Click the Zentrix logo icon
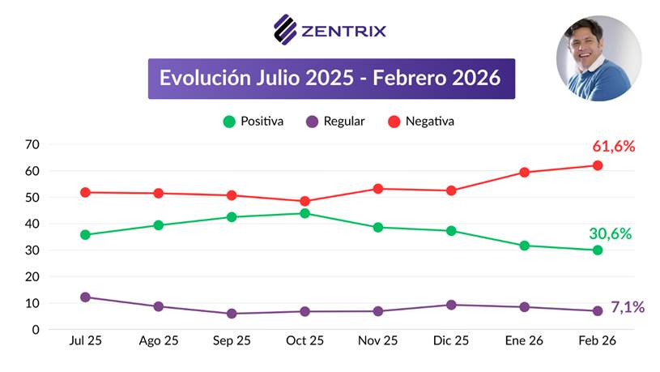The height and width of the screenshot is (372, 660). click(285, 30)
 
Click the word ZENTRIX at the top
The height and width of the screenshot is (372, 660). click(344, 32)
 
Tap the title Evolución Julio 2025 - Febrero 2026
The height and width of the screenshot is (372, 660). click(330, 79)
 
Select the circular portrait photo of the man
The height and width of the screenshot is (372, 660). click(598, 58)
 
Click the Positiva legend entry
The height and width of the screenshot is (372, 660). click(253, 122)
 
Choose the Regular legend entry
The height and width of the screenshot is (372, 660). click(335, 122)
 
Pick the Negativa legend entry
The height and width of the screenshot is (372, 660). click(421, 122)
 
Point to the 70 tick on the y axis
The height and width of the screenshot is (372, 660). click(32, 145)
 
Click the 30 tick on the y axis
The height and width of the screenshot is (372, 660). click(32, 250)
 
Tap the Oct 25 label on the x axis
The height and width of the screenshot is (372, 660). click(304, 341)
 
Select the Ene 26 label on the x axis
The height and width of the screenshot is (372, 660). click(524, 341)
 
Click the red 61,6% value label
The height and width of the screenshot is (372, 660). click(613, 147)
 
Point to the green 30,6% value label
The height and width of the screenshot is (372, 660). click(610, 233)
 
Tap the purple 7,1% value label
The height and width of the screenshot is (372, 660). click(627, 307)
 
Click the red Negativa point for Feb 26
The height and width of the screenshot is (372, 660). click(598, 165)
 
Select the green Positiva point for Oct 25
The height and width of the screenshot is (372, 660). click(304, 213)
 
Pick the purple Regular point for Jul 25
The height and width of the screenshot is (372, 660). click(86, 297)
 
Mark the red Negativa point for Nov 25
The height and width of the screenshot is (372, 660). click(378, 189)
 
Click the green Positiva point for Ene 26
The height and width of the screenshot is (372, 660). click(524, 246)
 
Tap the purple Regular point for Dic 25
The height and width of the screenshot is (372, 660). click(451, 305)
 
